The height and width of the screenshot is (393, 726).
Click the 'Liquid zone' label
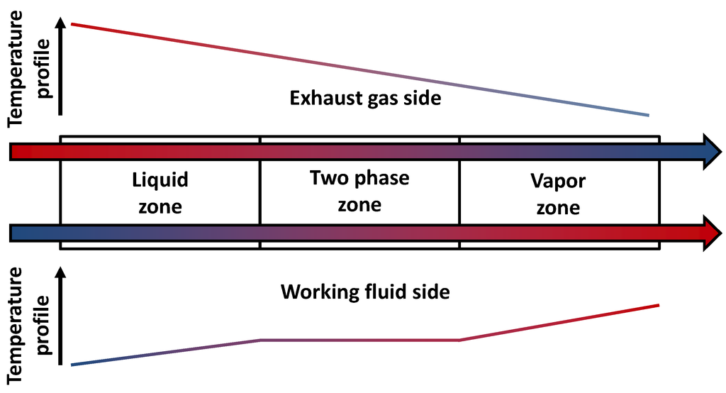pyautogui.click(x=160, y=193)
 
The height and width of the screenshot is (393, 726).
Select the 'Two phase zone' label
pyautogui.click(x=359, y=191)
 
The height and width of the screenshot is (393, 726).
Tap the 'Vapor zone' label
pyautogui.click(x=558, y=194)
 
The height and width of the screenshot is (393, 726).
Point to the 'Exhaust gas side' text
pyautogui.click(x=365, y=98)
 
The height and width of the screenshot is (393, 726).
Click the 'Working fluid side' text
pyautogui.click(x=365, y=292)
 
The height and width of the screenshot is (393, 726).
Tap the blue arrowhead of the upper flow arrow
pyautogui.click(x=711, y=151)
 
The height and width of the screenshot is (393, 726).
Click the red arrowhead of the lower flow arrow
pyautogui.click(x=711, y=232)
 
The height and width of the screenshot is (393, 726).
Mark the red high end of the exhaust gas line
pyautogui.click(x=72, y=24)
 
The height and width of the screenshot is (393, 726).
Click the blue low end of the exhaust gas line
pyautogui.click(x=647, y=115)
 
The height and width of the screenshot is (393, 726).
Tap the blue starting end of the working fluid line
pyautogui.click(x=72, y=365)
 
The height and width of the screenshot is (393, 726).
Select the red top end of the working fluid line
pyautogui.click(x=658, y=305)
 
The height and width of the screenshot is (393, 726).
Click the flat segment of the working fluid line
pyautogui.click(x=360, y=341)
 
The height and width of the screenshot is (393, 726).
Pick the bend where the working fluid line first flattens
pyautogui.click(x=261, y=341)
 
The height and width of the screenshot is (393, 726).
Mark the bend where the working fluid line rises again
pyautogui.click(x=460, y=341)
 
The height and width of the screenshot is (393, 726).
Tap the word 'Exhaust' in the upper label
pyautogui.click(x=319, y=98)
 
